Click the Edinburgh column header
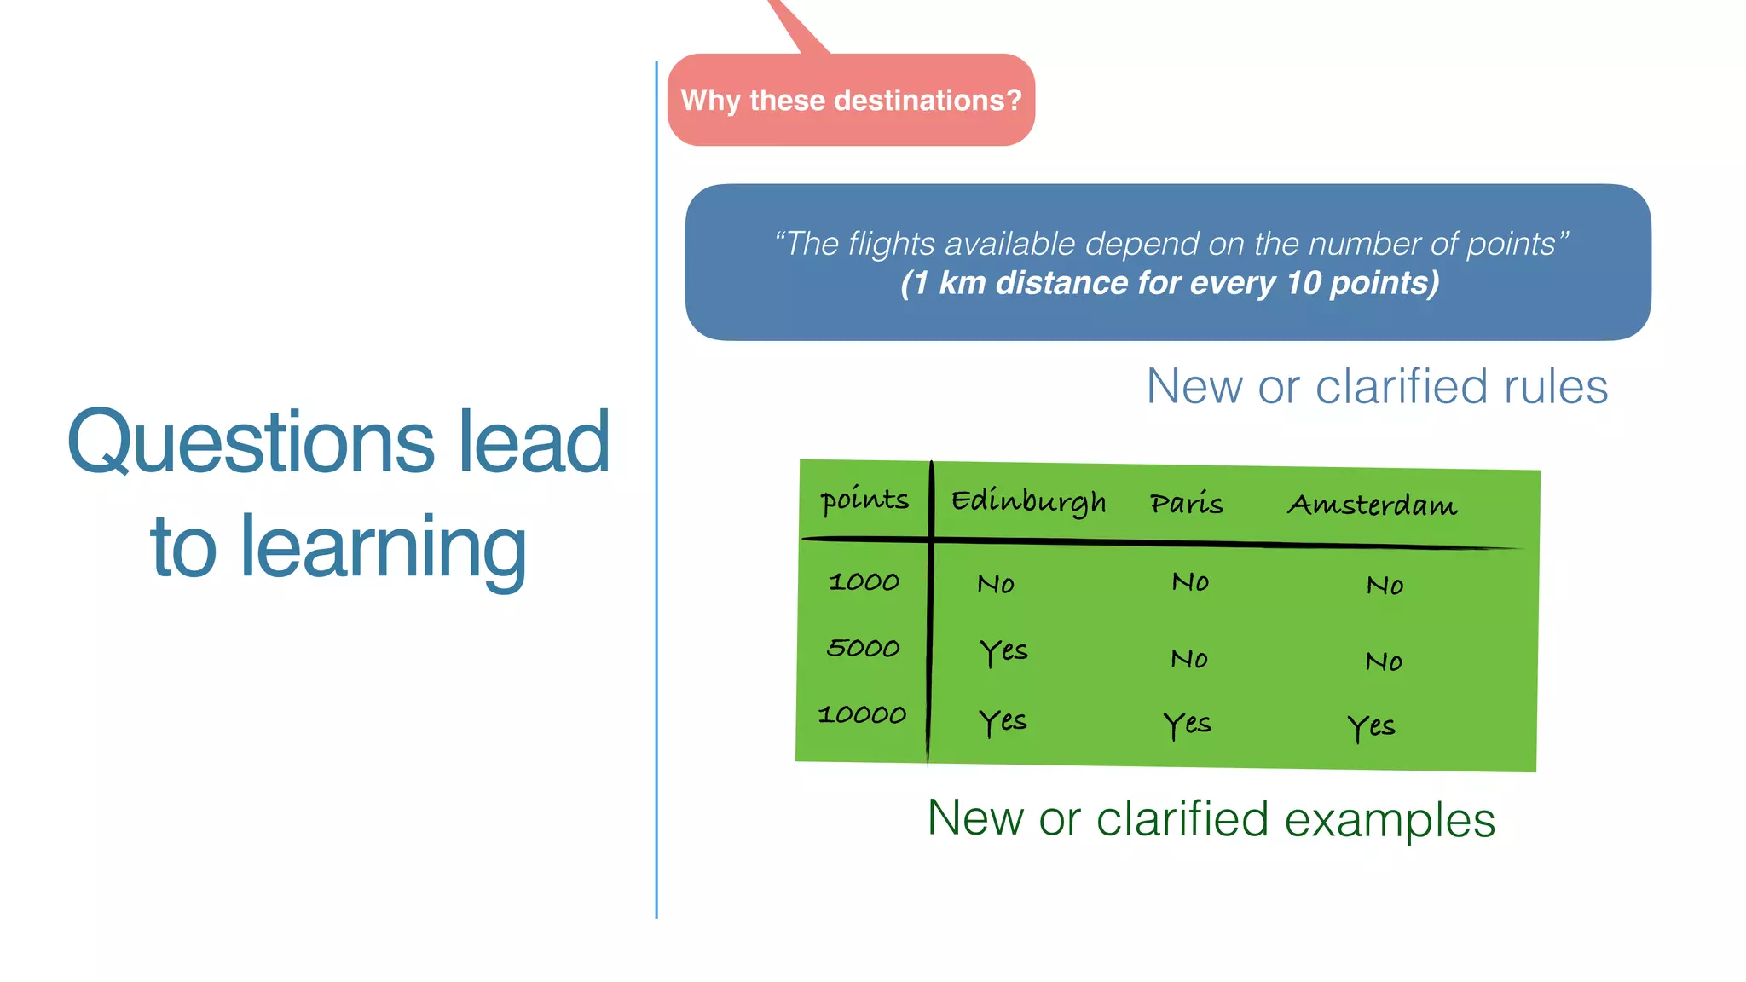click(1028, 501)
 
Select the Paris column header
click(1186, 504)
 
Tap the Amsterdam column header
click(1372, 505)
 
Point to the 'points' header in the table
click(864, 500)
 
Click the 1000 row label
click(864, 581)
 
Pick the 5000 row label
click(863, 648)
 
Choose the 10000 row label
click(862, 714)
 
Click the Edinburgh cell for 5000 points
click(1003, 652)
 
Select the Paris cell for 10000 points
click(1187, 725)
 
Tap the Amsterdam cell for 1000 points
click(1385, 585)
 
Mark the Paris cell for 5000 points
click(1189, 658)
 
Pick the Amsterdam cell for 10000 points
click(1371, 727)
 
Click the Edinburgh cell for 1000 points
click(996, 584)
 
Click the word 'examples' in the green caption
click(1390, 820)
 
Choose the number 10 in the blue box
click(1303, 283)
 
